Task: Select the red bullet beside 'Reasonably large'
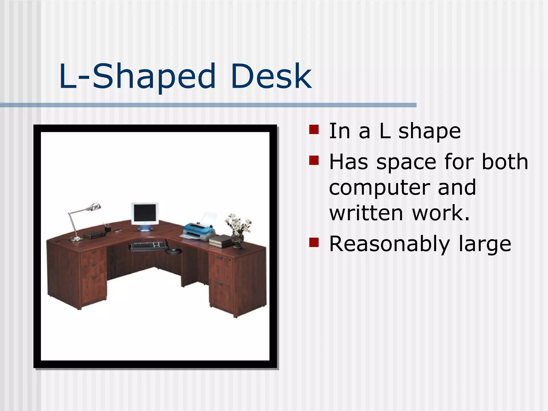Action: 314,242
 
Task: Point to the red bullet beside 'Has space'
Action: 314,161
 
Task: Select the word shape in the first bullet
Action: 429,132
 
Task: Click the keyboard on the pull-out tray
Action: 148,245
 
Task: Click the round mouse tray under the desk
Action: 174,251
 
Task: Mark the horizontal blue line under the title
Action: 208,105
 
